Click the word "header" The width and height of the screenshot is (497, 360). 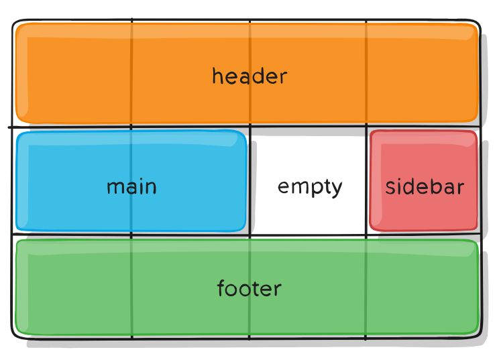249,76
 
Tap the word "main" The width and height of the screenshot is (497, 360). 131,186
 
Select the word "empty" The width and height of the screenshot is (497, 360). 310,186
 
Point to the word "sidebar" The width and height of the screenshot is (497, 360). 424,186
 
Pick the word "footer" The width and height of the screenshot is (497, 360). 249,289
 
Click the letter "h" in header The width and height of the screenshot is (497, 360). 217,76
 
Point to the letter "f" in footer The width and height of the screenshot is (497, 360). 221,288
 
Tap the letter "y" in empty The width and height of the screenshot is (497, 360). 336,189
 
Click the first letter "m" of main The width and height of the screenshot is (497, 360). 114,187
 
